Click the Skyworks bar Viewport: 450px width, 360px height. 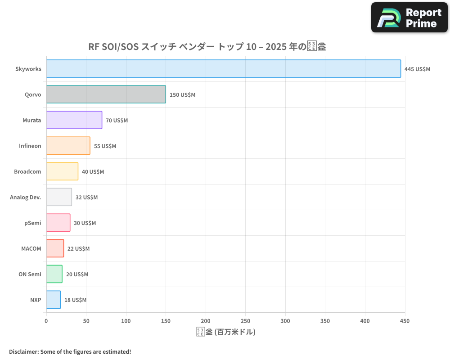224,69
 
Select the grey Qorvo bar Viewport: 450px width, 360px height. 106,94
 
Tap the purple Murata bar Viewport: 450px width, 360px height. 74,120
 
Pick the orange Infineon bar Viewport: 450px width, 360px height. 68,146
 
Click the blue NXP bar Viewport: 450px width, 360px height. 54,300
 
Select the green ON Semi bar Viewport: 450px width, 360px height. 54,274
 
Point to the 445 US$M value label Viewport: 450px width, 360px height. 417,69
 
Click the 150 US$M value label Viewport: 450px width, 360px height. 182,95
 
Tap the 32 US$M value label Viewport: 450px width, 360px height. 86,198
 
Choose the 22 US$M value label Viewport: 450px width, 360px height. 78,249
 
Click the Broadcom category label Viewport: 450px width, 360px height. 27,172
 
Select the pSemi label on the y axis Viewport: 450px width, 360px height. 33,223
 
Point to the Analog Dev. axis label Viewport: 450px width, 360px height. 26,198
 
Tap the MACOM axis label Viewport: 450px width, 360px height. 31,249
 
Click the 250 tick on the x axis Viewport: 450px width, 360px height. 245,321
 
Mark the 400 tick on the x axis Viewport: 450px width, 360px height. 365,321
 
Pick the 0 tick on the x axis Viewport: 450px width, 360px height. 46,321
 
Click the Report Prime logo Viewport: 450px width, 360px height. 409,18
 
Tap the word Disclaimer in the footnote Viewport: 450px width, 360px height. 23,352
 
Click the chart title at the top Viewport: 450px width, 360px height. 207,47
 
